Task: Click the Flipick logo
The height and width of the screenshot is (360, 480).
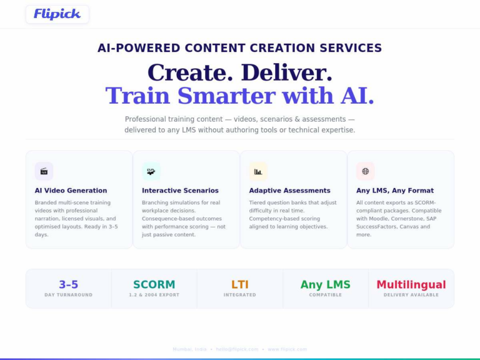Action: pyautogui.click(x=57, y=14)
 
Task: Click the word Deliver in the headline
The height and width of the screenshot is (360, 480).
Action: pyautogui.click(x=286, y=73)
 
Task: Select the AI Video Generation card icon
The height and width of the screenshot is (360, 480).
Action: pyautogui.click(x=44, y=171)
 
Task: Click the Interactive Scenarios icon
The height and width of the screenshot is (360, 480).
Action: pyautogui.click(x=151, y=171)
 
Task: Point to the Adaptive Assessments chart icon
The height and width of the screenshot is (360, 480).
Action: pyautogui.click(x=258, y=171)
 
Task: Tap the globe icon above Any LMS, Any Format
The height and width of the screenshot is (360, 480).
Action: pyautogui.click(x=366, y=171)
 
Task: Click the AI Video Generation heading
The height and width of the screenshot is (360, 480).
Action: pyautogui.click(x=71, y=191)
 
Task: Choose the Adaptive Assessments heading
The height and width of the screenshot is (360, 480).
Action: pyautogui.click(x=289, y=191)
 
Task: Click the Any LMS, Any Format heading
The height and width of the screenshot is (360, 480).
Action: pyautogui.click(x=395, y=191)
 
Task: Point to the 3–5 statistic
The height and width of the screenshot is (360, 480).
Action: pyautogui.click(x=69, y=284)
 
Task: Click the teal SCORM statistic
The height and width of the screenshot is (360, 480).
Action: pyautogui.click(x=154, y=284)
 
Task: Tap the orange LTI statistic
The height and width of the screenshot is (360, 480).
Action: pyautogui.click(x=240, y=284)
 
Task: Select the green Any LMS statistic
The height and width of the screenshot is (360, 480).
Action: pyautogui.click(x=326, y=284)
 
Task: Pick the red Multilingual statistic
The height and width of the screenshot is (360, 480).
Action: pyautogui.click(x=411, y=284)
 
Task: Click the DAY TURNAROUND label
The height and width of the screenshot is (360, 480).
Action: pyautogui.click(x=69, y=295)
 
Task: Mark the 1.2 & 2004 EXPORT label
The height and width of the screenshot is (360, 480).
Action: pyautogui.click(x=154, y=295)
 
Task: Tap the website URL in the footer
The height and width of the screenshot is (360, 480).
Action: pyautogui.click(x=287, y=349)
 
